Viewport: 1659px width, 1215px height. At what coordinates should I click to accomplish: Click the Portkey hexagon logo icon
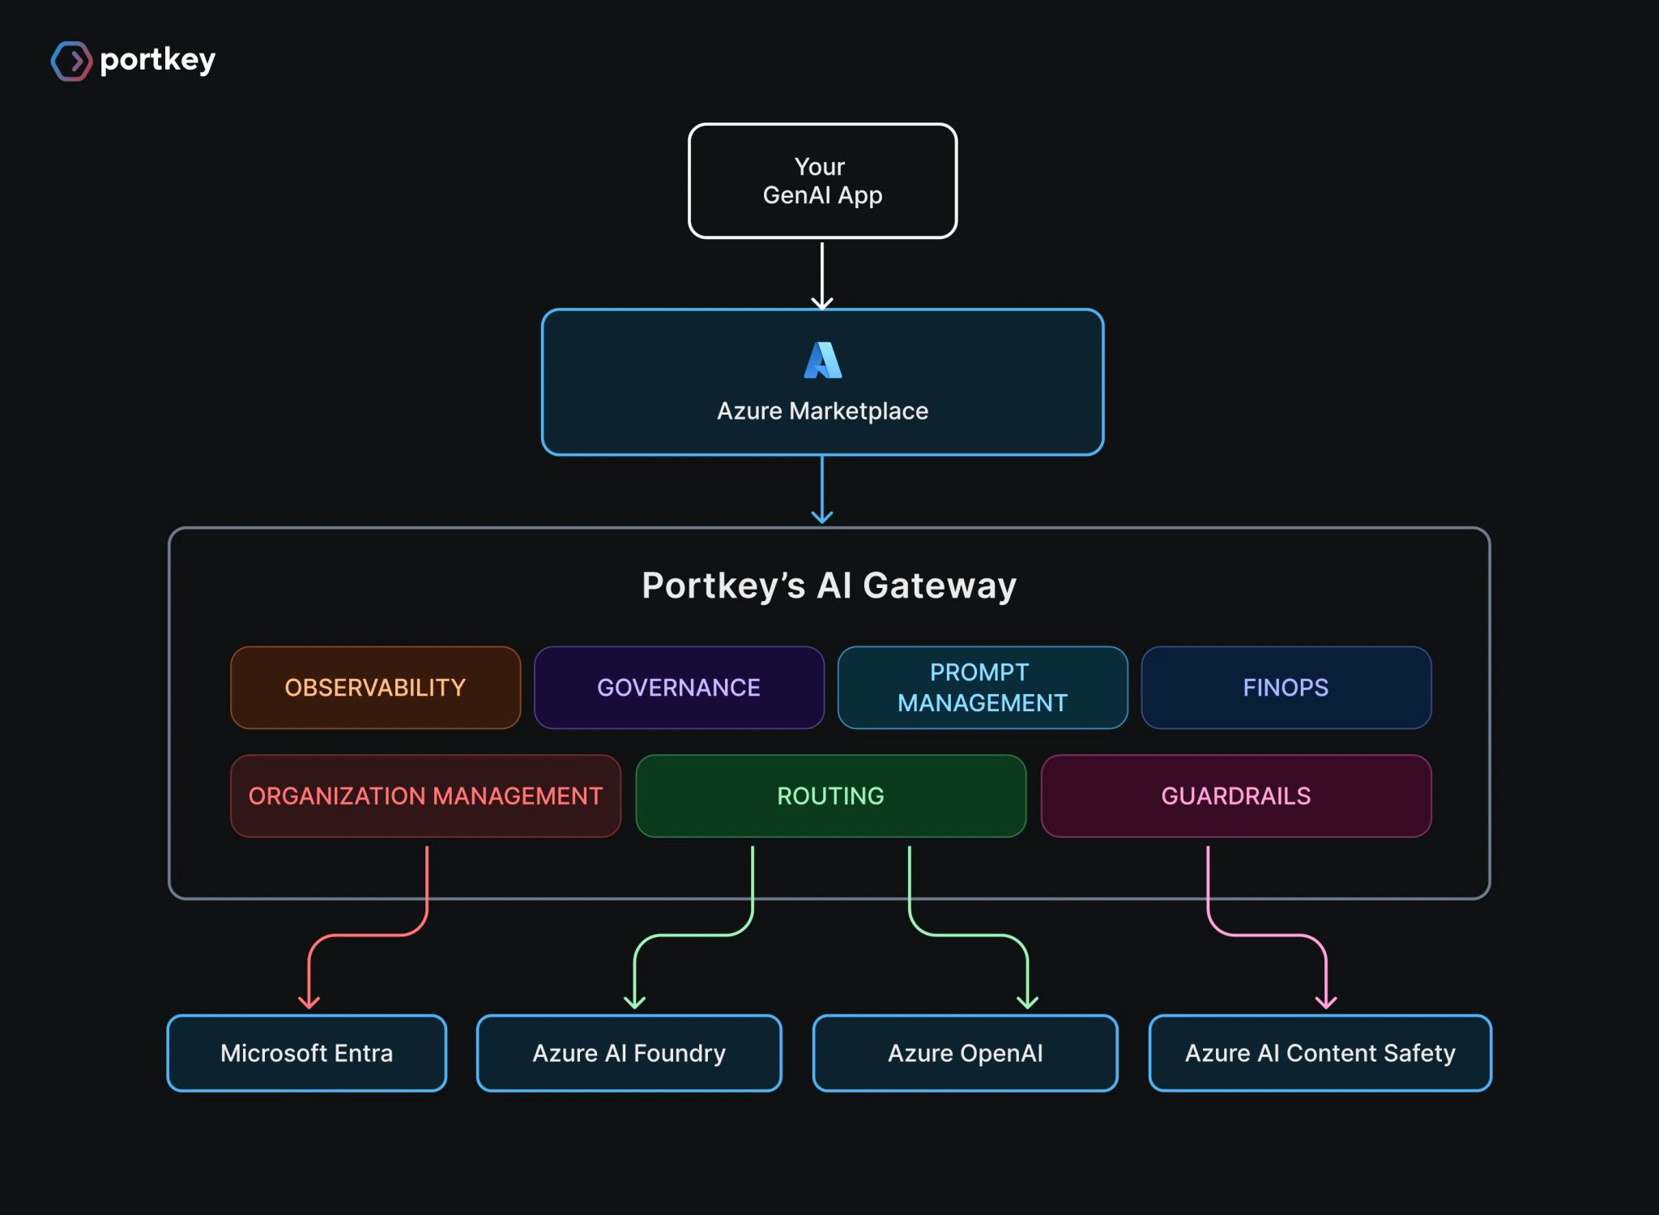71,61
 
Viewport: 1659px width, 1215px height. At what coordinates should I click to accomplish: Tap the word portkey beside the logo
158,60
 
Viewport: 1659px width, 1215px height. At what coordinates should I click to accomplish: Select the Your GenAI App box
822,181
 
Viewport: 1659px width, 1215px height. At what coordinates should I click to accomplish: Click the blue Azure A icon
822,360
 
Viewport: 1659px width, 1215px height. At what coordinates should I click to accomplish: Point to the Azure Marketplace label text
822,411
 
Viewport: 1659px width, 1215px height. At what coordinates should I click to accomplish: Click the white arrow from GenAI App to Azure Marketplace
822,275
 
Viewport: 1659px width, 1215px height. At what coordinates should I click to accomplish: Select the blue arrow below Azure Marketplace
822,490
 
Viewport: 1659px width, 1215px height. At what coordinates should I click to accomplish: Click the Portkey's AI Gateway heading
829,586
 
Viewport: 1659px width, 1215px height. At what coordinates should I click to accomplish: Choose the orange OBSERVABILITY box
375,688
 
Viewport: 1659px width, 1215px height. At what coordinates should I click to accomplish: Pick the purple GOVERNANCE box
679,688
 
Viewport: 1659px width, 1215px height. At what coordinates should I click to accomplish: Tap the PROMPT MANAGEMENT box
983,688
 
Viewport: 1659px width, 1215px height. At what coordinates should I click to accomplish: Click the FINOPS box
1286,688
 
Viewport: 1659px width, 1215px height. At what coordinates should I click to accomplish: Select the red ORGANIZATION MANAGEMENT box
425,796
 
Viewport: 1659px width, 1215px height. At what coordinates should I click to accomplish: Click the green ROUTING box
830,796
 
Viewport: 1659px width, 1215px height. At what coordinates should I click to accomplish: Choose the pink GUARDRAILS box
1235,796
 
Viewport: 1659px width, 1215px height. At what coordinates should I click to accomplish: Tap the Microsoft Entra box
306,1053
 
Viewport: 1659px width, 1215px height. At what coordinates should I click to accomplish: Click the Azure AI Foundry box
629,1053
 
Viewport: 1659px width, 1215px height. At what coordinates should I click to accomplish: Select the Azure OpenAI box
965,1053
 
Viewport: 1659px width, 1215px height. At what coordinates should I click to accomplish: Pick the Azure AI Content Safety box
1320,1053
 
